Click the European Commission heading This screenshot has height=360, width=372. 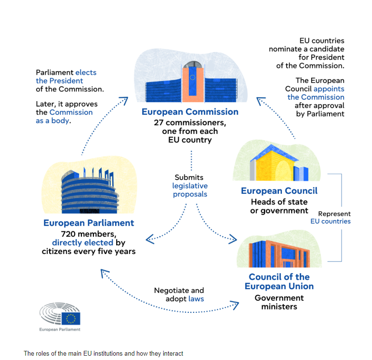pyautogui.click(x=190, y=112)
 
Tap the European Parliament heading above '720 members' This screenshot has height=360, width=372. pyautogui.click(x=89, y=223)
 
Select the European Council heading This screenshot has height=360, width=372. pyautogui.click(x=279, y=191)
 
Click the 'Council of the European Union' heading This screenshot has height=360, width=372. pyautogui.click(x=279, y=281)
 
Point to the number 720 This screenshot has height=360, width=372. pyautogui.click(x=50, y=234)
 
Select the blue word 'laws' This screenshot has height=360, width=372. pyautogui.click(x=196, y=299)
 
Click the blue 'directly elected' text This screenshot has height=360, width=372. pyautogui.click(x=82, y=242)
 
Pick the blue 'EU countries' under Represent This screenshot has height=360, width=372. pyautogui.click(x=330, y=221)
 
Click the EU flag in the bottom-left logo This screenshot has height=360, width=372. pyautogui.click(x=71, y=318)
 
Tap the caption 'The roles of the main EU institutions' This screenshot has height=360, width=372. pyautogui.click(x=103, y=353)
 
